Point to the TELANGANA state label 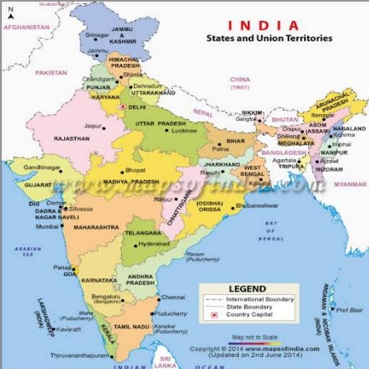point(143,234)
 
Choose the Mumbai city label point(47,226)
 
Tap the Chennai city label point(173,297)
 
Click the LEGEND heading point(247,288)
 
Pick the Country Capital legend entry point(249,315)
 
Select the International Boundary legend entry point(259,298)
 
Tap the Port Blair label point(349,310)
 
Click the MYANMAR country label point(350,184)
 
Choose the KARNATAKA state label point(99,278)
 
